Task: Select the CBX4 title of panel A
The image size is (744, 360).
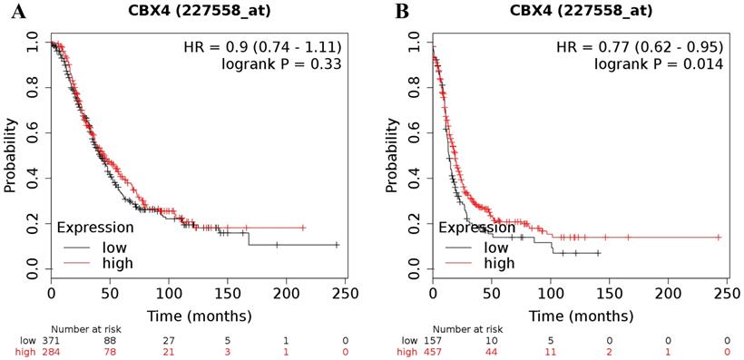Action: (197, 11)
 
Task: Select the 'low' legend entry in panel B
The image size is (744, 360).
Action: (495, 246)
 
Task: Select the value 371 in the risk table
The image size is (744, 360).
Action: (51, 339)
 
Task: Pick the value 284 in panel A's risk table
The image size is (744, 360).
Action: (51, 351)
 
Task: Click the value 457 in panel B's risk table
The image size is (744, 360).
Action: (433, 351)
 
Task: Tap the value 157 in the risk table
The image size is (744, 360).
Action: (433, 339)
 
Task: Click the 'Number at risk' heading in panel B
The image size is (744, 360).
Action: (465, 328)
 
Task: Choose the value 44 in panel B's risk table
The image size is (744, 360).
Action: (491, 351)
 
